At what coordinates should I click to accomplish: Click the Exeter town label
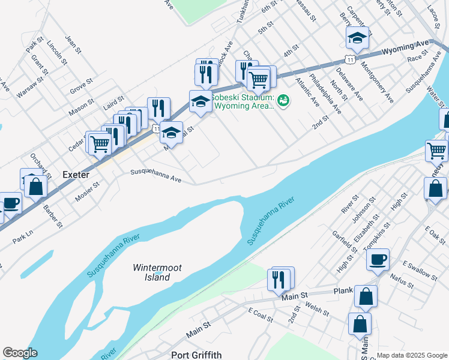click(x=76, y=175)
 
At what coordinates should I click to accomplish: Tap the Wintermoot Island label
click(x=157, y=272)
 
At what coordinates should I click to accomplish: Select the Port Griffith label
click(x=197, y=355)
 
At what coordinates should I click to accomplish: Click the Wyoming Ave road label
click(x=406, y=46)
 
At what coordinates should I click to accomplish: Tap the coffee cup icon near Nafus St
click(x=378, y=260)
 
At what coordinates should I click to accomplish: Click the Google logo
click(x=20, y=353)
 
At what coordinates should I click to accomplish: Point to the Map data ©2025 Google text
click(x=412, y=355)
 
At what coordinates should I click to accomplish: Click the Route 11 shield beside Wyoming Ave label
click(x=349, y=58)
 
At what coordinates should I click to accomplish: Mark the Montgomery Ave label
click(x=376, y=84)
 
